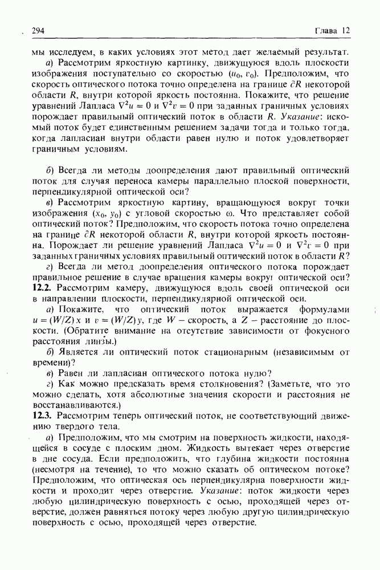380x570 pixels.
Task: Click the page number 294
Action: coord(39,30)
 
